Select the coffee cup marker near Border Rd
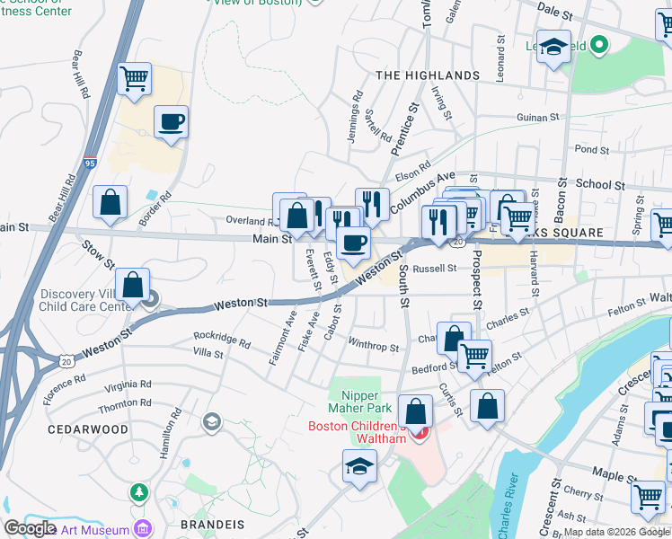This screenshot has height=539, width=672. tap(171, 122)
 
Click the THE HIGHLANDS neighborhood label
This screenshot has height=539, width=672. tap(428, 75)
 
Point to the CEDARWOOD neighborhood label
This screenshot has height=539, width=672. tap(88, 429)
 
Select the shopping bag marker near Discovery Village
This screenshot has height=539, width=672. tap(132, 286)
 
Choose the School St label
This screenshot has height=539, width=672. tap(600, 184)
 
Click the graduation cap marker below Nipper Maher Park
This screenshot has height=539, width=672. tap(359, 466)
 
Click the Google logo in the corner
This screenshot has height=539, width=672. tap(30, 528)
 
